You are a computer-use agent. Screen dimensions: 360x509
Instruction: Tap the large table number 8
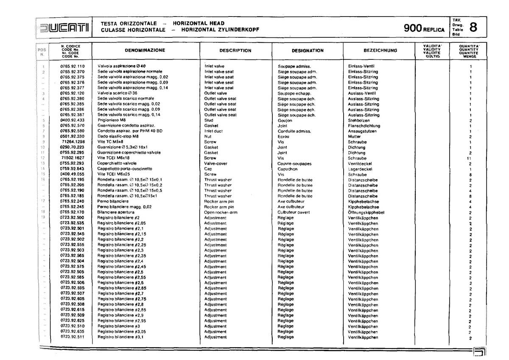[474, 27]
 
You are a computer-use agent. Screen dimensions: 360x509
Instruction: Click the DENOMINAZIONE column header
[145, 50]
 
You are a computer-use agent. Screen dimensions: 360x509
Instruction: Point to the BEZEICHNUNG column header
[380, 51]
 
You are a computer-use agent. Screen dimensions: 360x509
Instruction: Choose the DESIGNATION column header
[308, 51]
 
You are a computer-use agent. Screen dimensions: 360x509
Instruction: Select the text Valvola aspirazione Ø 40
[122, 66]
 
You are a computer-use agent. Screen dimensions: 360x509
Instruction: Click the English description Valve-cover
[215, 163]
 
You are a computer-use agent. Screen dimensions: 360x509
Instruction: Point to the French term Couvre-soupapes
[294, 163]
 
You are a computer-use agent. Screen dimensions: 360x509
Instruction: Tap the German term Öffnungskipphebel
[366, 212]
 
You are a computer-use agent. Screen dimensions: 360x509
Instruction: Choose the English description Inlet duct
[213, 131]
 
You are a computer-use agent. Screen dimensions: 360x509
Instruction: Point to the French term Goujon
[285, 121]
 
